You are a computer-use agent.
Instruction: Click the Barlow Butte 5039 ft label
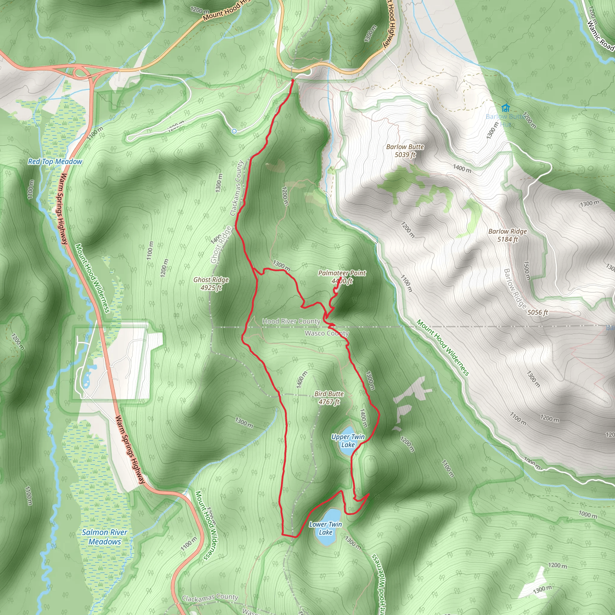[x=405, y=150]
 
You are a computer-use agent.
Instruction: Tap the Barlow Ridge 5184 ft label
[x=507, y=235]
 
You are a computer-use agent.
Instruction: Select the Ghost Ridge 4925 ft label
[x=211, y=283]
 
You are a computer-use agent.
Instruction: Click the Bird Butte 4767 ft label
[x=329, y=398]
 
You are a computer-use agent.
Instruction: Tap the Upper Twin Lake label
[x=348, y=441]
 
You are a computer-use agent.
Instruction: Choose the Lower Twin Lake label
[x=325, y=528]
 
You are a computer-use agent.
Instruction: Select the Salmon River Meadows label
[x=105, y=537]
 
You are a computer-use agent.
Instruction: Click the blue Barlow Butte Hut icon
[x=505, y=108]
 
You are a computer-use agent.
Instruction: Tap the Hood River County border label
[x=291, y=321]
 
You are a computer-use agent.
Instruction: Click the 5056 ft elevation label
[x=538, y=312]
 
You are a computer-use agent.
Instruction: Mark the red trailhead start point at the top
[x=292, y=81]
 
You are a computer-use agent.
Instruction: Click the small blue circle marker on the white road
[x=234, y=131]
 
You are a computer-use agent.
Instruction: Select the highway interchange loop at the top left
[x=80, y=72]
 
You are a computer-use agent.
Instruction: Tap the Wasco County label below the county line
[x=327, y=333]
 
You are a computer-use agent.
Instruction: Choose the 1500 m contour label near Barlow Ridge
[x=527, y=271]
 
